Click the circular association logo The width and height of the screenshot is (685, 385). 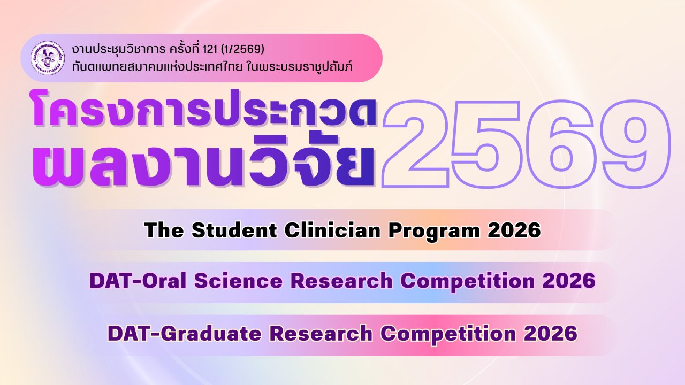[48, 58]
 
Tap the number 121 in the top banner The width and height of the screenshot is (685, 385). [210, 49]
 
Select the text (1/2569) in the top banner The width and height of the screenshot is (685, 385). [242, 49]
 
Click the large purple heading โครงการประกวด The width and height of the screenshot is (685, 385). [204, 109]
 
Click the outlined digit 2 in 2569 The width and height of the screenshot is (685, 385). [416, 144]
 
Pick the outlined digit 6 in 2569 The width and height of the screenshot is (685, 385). [561, 144]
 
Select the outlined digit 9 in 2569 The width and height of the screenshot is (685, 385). [635, 144]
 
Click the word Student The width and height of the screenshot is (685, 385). [234, 230]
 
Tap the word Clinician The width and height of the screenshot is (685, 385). [333, 230]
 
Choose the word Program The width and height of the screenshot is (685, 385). [434, 232]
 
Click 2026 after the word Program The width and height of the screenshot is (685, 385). [514, 230]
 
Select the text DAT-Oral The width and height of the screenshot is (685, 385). [138, 281]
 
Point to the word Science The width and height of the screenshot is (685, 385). [239, 281]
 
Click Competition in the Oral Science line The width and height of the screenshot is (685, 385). [468, 282]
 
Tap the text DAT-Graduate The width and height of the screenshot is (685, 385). [185, 333]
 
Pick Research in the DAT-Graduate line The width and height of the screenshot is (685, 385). [321, 333]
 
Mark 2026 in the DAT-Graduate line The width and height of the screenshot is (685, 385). [551, 333]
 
